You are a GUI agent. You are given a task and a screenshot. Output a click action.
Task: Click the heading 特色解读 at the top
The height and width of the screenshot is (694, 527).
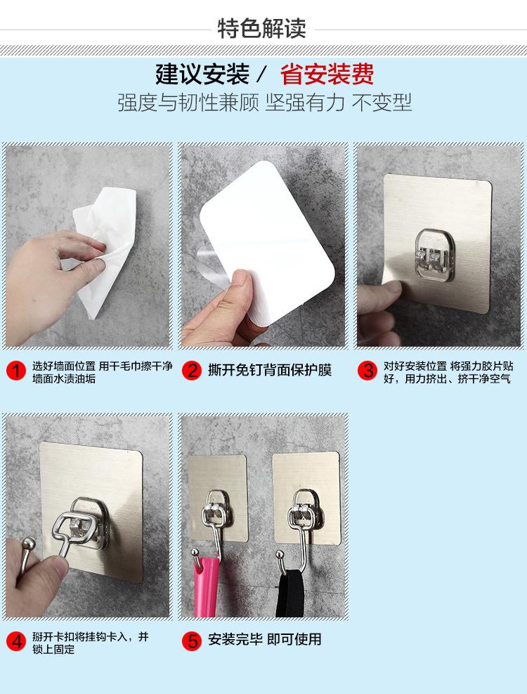coord(261,29)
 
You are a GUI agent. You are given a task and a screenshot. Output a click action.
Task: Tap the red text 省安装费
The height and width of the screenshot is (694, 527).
coord(327,74)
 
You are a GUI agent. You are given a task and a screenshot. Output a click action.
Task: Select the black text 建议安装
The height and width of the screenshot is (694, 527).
coord(202,74)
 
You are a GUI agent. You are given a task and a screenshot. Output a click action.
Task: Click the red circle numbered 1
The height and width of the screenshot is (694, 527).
coord(16,371)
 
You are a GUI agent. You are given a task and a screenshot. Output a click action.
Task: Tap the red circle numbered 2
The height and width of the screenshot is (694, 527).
coord(192,371)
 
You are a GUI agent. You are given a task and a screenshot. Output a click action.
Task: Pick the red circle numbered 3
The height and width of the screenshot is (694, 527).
coord(367,371)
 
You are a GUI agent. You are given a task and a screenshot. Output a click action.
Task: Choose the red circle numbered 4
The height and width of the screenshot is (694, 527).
coord(16,641)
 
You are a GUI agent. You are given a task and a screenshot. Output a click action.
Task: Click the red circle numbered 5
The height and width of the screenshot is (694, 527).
coord(192,641)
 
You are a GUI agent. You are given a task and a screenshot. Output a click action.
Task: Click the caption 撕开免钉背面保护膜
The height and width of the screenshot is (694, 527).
coord(270,370)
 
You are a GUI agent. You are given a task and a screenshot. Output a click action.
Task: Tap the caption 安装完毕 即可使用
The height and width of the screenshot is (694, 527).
coord(265,640)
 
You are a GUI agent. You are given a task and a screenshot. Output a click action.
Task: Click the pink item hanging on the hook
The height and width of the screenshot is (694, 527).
coord(207,586)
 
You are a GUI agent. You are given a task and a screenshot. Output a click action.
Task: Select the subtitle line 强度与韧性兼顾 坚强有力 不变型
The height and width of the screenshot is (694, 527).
coord(265,103)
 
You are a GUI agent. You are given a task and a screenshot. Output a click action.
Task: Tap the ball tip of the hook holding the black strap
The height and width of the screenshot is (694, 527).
coord(280,553)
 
